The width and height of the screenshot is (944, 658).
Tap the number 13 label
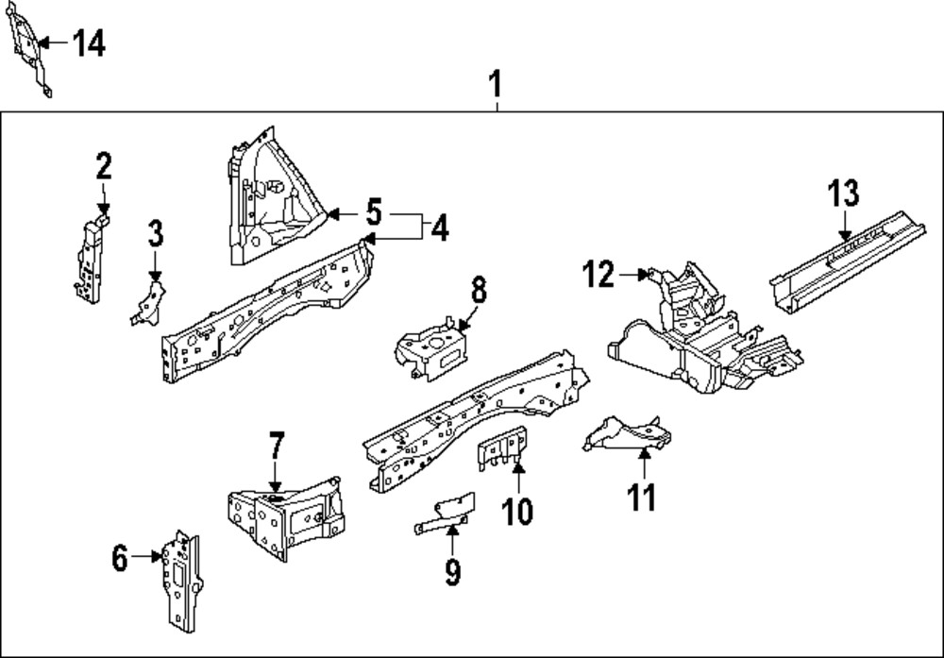843,194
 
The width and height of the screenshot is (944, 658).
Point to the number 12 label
598,275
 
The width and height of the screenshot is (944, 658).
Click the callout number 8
479,290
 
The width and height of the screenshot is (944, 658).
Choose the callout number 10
516,511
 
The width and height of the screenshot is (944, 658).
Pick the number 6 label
119,559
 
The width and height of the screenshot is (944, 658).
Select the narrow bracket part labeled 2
90,260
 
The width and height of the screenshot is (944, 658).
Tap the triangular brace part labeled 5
269,203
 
